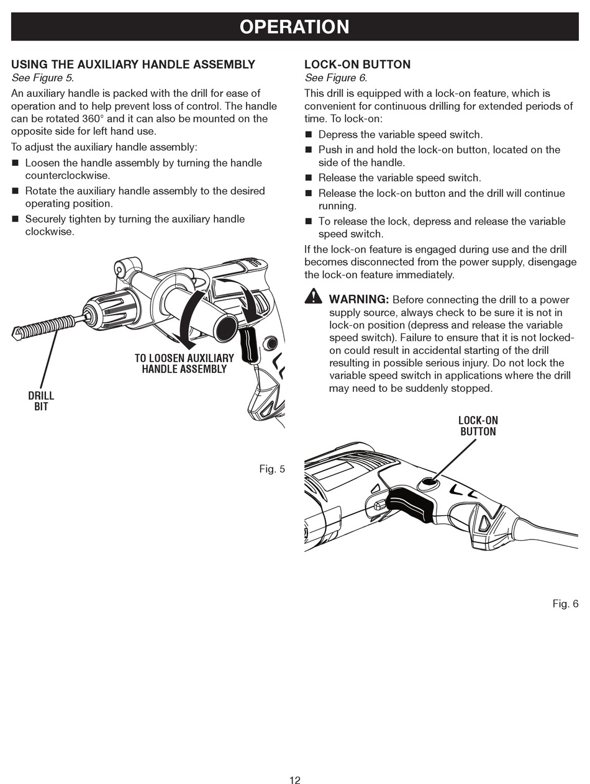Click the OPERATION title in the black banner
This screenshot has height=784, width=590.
coord(294,27)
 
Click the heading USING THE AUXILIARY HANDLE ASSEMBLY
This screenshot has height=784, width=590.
coord(133,65)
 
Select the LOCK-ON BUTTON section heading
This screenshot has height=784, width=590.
coord(357,65)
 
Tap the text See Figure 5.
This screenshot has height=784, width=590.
coord(42,78)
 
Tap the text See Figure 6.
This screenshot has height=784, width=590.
coord(335,78)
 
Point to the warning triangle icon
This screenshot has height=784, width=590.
coord(314,297)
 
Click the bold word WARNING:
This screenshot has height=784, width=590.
coord(359,300)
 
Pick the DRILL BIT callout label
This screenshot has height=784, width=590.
coord(41,401)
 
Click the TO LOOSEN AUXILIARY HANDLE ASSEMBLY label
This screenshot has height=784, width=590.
coord(184,363)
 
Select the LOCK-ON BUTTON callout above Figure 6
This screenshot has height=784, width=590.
coord(478,426)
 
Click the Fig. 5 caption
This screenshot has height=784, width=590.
coord(272,469)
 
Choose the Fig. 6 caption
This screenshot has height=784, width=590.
coord(565,603)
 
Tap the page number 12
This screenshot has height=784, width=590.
coord(294,780)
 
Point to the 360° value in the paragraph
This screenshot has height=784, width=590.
coord(94,119)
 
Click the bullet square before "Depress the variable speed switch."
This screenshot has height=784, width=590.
coord(309,135)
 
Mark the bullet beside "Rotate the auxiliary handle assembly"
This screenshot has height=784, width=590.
coord(16,191)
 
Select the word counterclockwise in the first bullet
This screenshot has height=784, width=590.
coord(67,175)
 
